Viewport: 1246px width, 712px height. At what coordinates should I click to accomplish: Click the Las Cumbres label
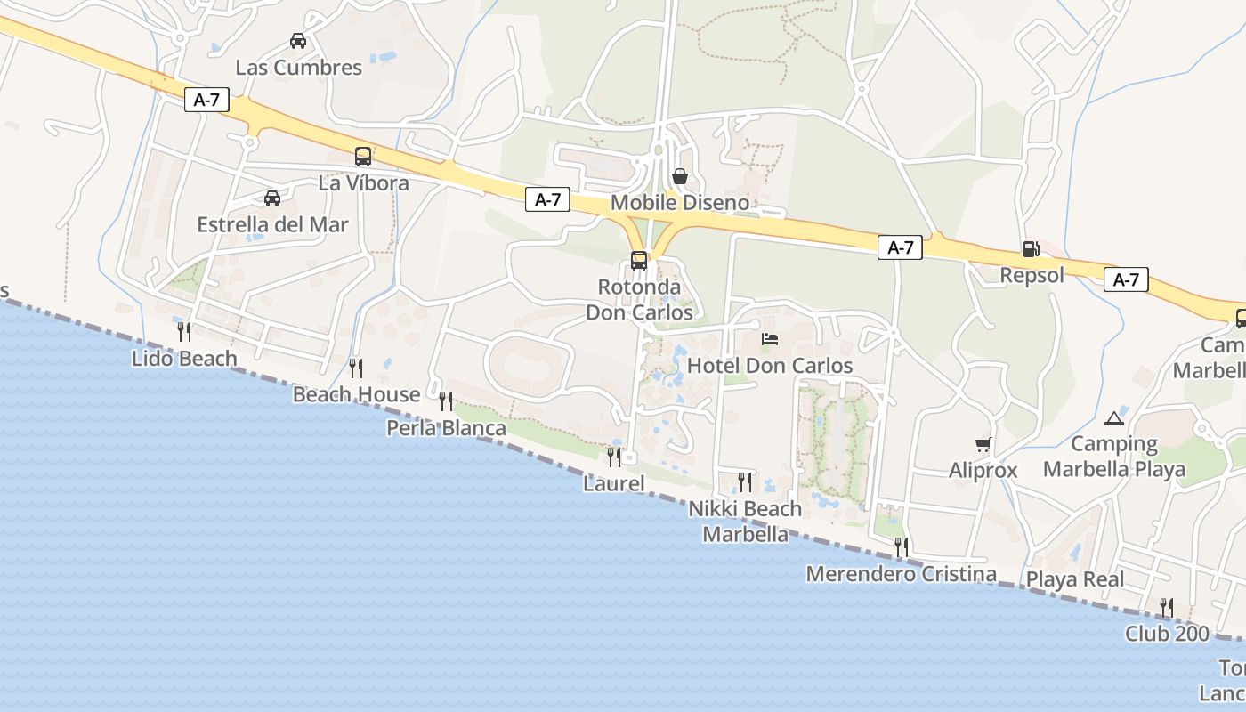pyautogui.click(x=298, y=68)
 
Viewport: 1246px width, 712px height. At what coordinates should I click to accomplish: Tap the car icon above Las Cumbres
pyautogui.click(x=298, y=41)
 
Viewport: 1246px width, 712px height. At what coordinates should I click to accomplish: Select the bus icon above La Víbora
pyautogui.click(x=363, y=157)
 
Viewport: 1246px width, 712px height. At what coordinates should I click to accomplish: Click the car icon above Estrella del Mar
pyautogui.click(x=272, y=198)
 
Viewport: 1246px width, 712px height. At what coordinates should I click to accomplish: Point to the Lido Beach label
pyautogui.click(x=184, y=359)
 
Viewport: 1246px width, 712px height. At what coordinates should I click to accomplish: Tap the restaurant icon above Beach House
pyautogui.click(x=356, y=368)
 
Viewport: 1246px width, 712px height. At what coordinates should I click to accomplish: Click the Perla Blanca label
pyautogui.click(x=446, y=428)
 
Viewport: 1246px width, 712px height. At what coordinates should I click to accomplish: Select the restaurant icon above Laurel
pyautogui.click(x=614, y=457)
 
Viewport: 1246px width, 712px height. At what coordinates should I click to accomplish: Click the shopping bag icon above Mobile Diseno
pyautogui.click(x=680, y=176)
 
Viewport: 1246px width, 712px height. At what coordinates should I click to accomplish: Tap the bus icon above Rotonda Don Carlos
pyautogui.click(x=639, y=261)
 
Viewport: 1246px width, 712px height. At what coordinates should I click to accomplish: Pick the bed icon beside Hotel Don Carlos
pyautogui.click(x=770, y=339)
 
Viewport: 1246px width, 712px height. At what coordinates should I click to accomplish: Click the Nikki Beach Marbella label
pyautogui.click(x=746, y=522)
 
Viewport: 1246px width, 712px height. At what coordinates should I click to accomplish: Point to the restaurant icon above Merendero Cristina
pyautogui.click(x=902, y=547)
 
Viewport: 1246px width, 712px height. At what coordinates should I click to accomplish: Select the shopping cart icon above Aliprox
pyautogui.click(x=983, y=444)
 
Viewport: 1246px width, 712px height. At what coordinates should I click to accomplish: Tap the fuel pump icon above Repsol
pyautogui.click(x=1031, y=249)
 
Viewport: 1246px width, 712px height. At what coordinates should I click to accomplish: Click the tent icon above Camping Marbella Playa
pyautogui.click(x=1114, y=417)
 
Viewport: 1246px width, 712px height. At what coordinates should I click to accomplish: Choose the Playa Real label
pyautogui.click(x=1075, y=579)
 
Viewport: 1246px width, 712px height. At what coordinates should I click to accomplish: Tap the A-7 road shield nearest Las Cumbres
pyautogui.click(x=206, y=100)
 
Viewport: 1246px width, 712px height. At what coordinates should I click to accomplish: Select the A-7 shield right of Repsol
pyautogui.click(x=1126, y=279)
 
